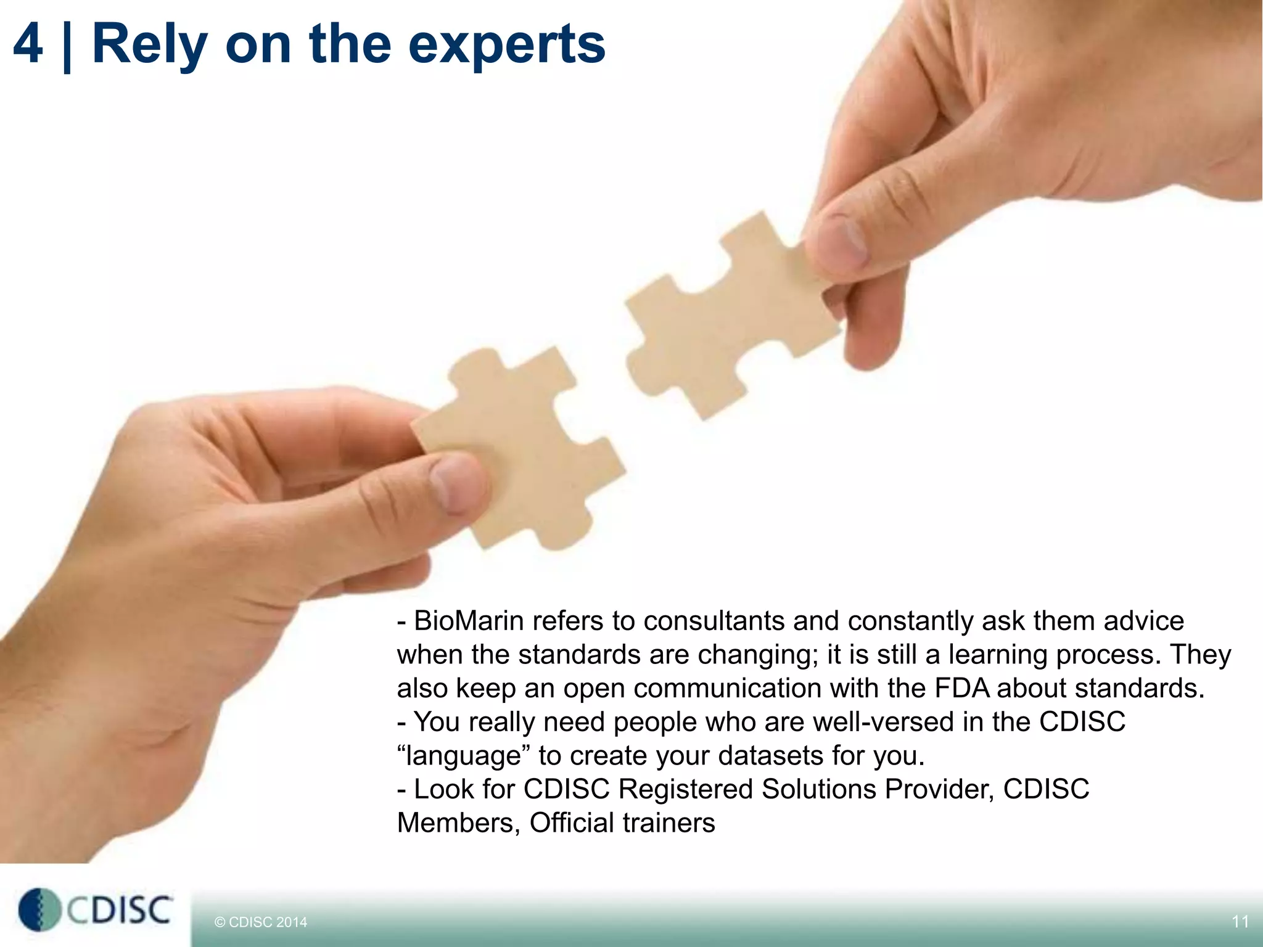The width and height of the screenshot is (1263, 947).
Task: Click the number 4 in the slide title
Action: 28,44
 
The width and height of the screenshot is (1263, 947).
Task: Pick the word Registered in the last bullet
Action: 685,789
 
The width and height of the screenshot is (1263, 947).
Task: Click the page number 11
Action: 1240,922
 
